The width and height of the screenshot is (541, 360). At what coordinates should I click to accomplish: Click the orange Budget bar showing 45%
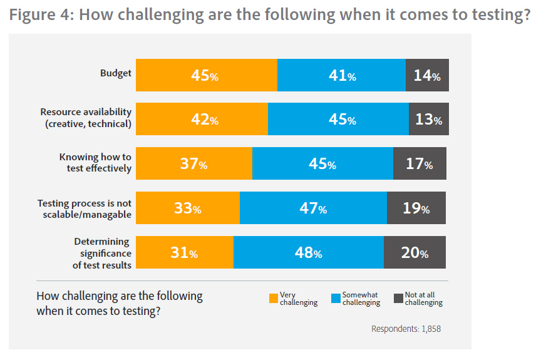coord(207,75)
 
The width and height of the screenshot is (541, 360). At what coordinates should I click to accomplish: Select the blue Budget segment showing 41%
coord(341,75)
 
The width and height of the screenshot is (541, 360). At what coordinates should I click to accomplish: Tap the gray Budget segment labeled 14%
coord(427,75)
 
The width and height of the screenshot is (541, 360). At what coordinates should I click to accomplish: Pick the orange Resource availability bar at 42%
coord(202,119)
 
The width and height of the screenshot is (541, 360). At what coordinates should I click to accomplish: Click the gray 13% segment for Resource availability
coord(428,119)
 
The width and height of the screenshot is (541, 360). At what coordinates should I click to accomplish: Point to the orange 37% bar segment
coord(194,163)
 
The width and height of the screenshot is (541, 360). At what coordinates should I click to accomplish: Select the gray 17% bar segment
coord(420,163)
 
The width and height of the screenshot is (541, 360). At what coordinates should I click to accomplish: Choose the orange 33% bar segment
coord(188,208)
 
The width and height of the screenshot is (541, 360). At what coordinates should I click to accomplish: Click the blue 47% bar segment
coord(313,208)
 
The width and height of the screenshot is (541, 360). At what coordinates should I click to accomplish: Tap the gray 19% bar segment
coord(416,208)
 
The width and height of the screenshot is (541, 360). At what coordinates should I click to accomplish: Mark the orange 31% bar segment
coord(185,252)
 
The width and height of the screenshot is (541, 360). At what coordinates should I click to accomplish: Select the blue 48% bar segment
coord(309,252)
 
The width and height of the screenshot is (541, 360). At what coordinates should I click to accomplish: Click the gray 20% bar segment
coord(415,252)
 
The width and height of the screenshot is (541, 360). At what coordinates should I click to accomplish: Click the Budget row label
coord(116,73)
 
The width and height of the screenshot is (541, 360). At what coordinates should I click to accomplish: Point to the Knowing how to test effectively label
coord(95,163)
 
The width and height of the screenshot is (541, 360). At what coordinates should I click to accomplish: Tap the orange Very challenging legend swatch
coord(274,299)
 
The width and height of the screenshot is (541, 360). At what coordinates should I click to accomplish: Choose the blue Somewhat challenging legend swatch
coord(336,299)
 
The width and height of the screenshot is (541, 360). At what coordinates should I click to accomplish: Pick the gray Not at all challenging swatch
coord(398,299)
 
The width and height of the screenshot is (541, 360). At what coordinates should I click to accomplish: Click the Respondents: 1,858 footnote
coord(406,329)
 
